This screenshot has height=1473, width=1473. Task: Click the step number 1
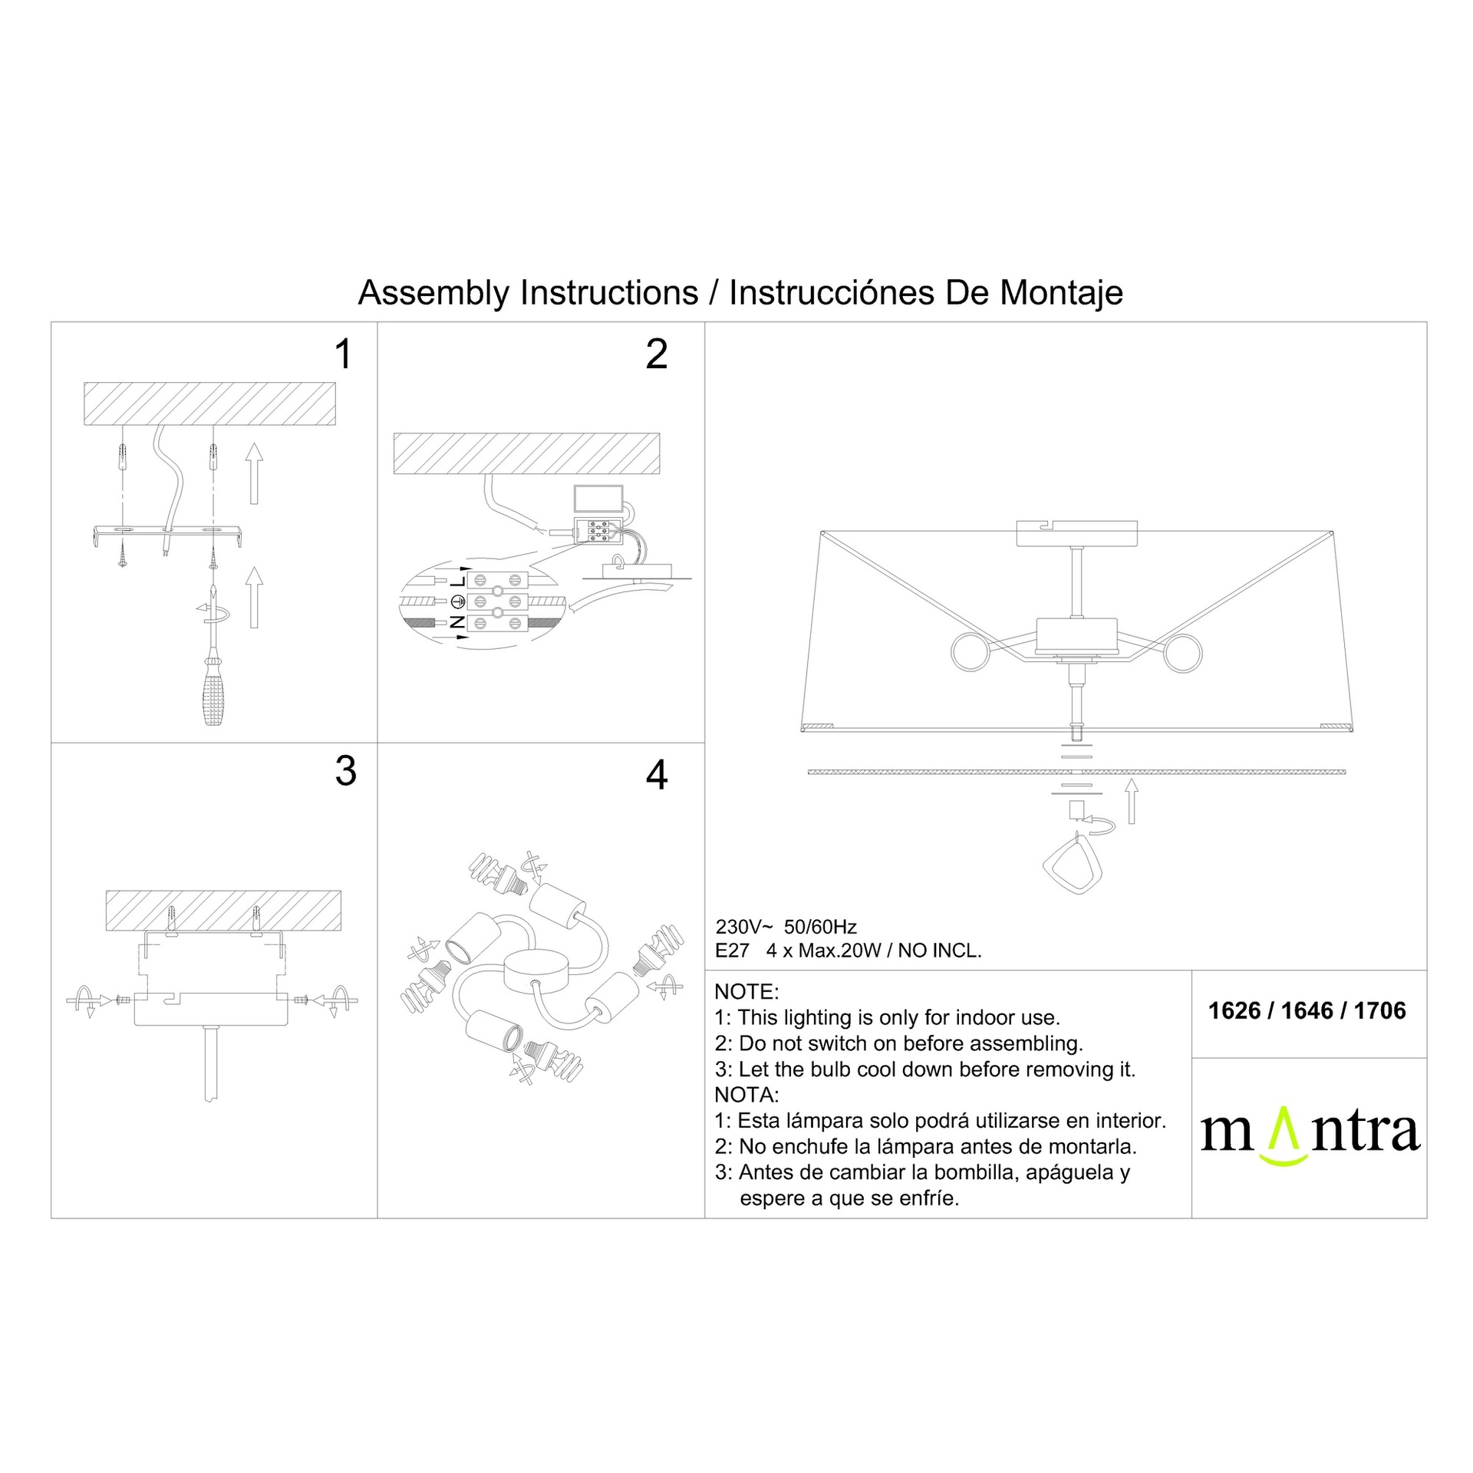(343, 354)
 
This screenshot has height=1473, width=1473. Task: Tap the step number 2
(657, 354)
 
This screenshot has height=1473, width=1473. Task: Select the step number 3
(346, 771)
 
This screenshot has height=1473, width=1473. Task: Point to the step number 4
(657, 775)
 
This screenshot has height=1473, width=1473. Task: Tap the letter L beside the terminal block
(458, 581)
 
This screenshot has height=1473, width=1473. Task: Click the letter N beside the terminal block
(457, 622)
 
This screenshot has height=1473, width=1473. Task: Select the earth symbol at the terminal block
(458, 601)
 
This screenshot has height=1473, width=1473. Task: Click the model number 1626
(1234, 1010)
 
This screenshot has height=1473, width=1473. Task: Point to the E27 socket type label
(732, 951)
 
